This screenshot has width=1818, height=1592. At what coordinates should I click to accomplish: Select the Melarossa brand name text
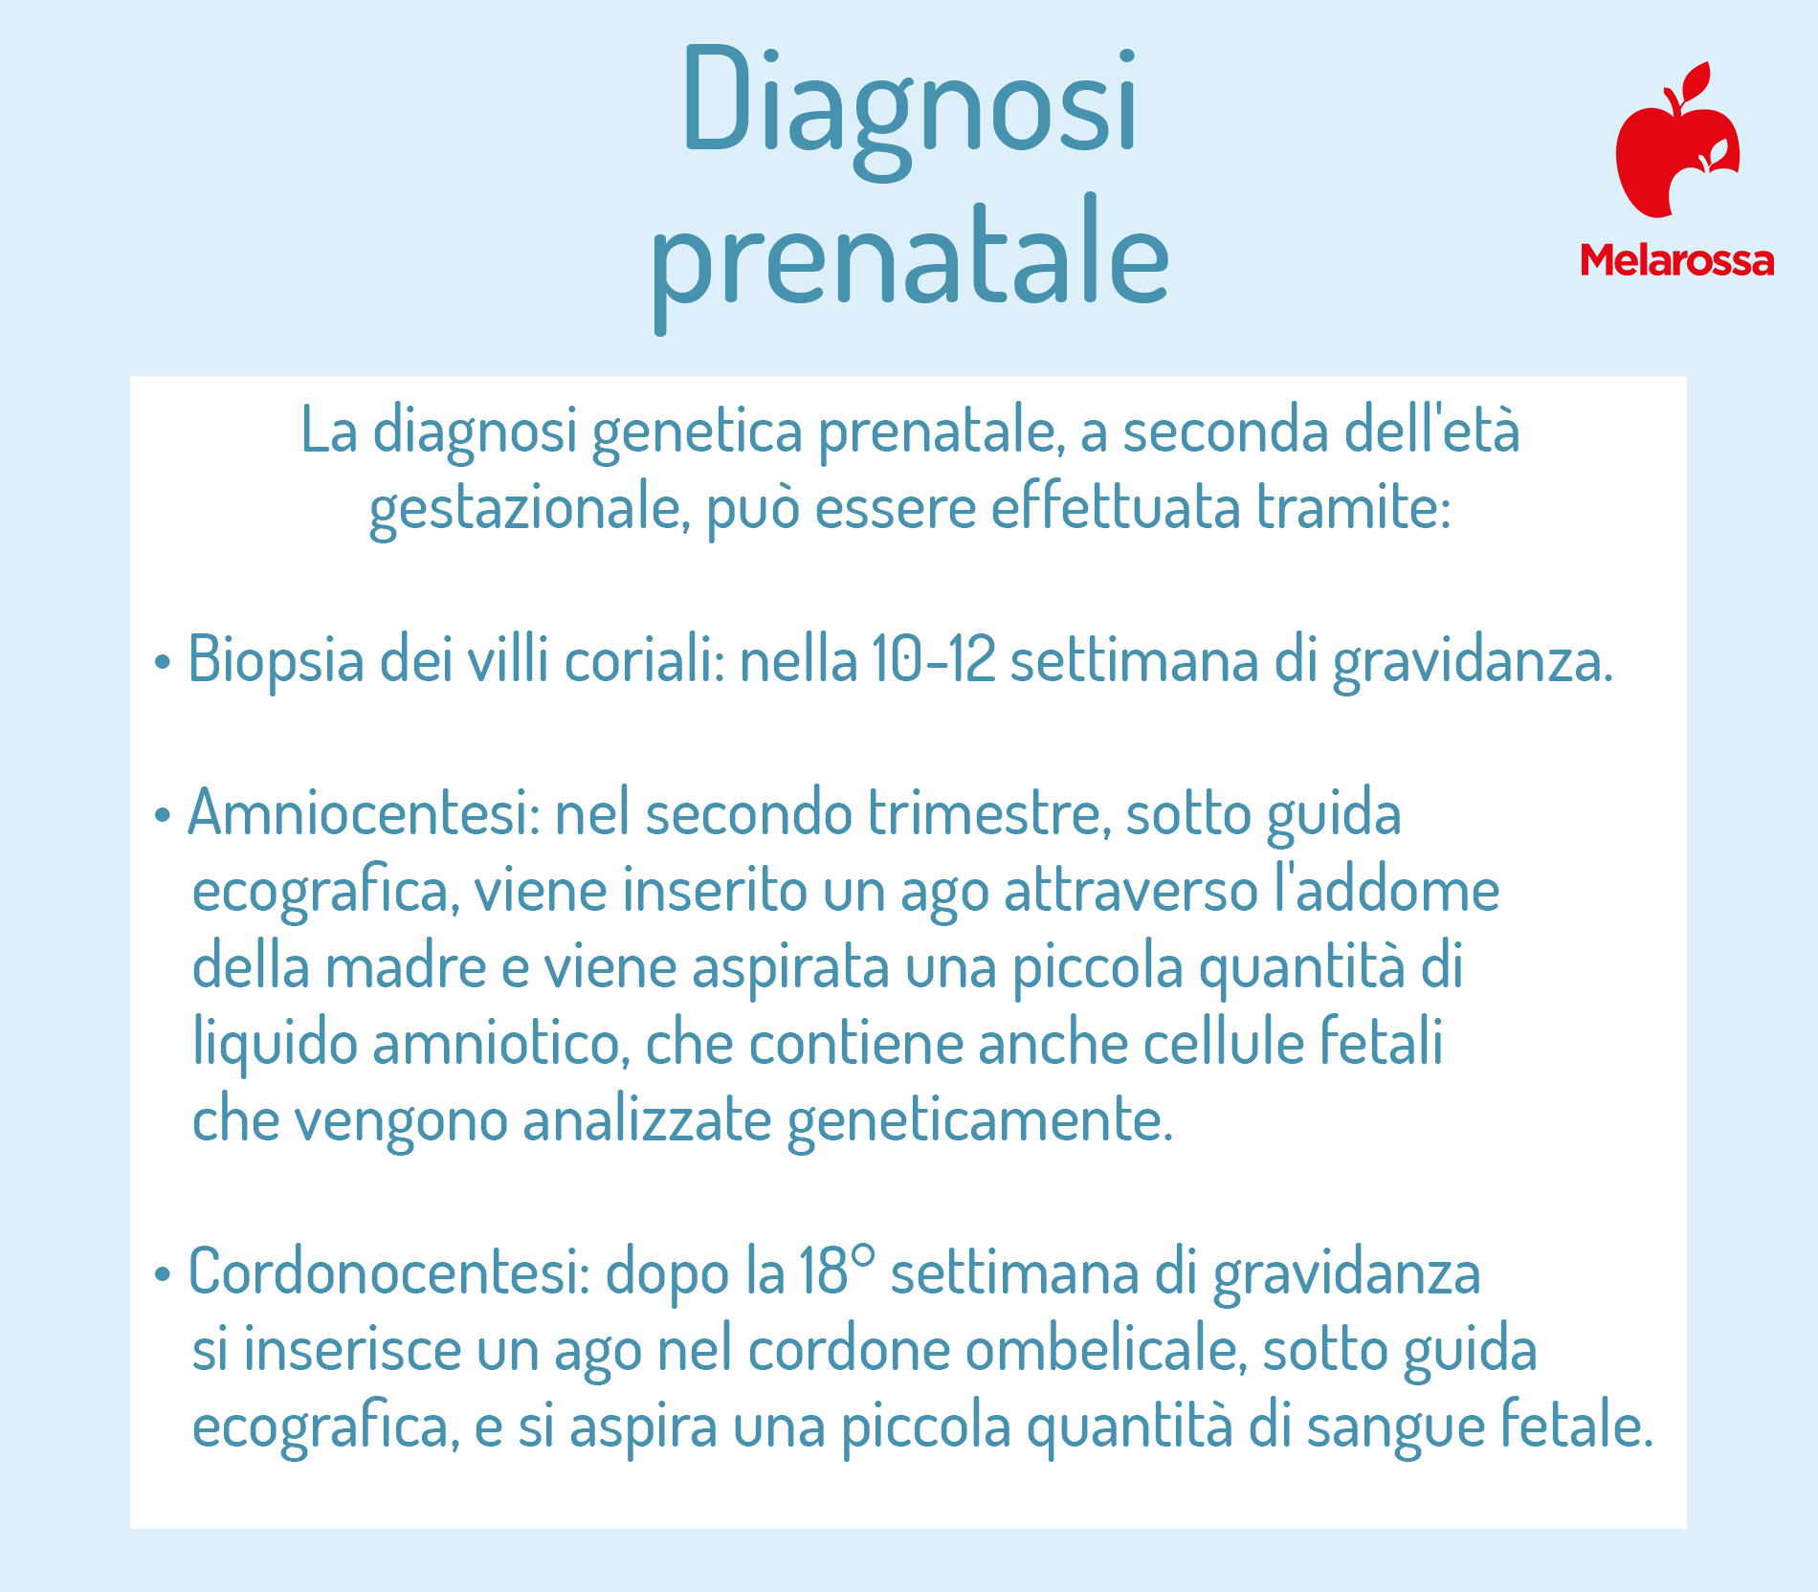point(1676,260)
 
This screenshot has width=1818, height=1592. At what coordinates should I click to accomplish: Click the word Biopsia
point(276,661)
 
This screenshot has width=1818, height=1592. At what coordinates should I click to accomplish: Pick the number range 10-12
point(934,659)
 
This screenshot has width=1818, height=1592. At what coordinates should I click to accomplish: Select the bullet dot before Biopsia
point(163,662)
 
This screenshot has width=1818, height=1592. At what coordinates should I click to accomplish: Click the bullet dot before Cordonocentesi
point(163,1274)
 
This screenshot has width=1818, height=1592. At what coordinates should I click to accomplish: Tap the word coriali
point(645,660)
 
